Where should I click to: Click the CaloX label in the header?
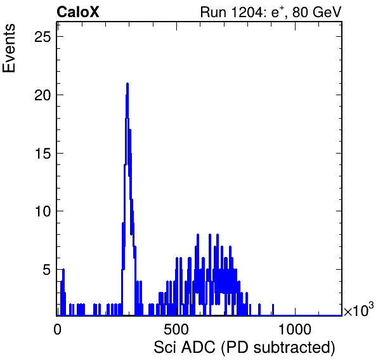point(77,12)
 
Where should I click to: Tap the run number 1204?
point(248,12)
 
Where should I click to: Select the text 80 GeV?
point(317,12)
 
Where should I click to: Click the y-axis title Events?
point(9,48)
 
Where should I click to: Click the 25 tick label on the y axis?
point(43,37)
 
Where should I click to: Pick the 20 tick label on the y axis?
point(43,95)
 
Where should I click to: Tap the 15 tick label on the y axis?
point(43,153)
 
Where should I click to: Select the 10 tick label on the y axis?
point(43,211)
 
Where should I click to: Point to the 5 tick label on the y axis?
point(47,270)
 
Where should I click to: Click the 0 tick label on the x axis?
point(57,329)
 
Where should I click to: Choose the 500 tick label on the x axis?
point(176,329)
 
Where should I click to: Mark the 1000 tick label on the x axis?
point(294,329)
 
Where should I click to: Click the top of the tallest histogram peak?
point(127,84)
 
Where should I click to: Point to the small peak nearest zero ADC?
point(63,270)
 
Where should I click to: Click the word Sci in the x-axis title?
point(166,348)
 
